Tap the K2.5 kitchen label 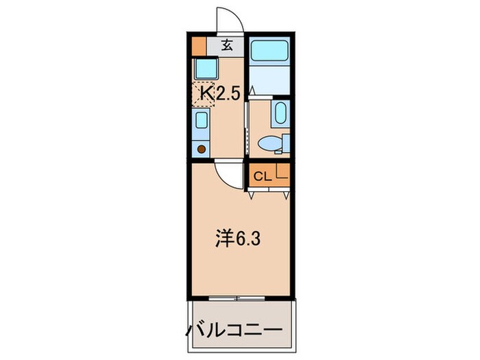[219, 94]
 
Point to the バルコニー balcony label [234, 331]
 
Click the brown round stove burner [202, 149]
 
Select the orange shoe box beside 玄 [198, 47]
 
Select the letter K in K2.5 [206, 94]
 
